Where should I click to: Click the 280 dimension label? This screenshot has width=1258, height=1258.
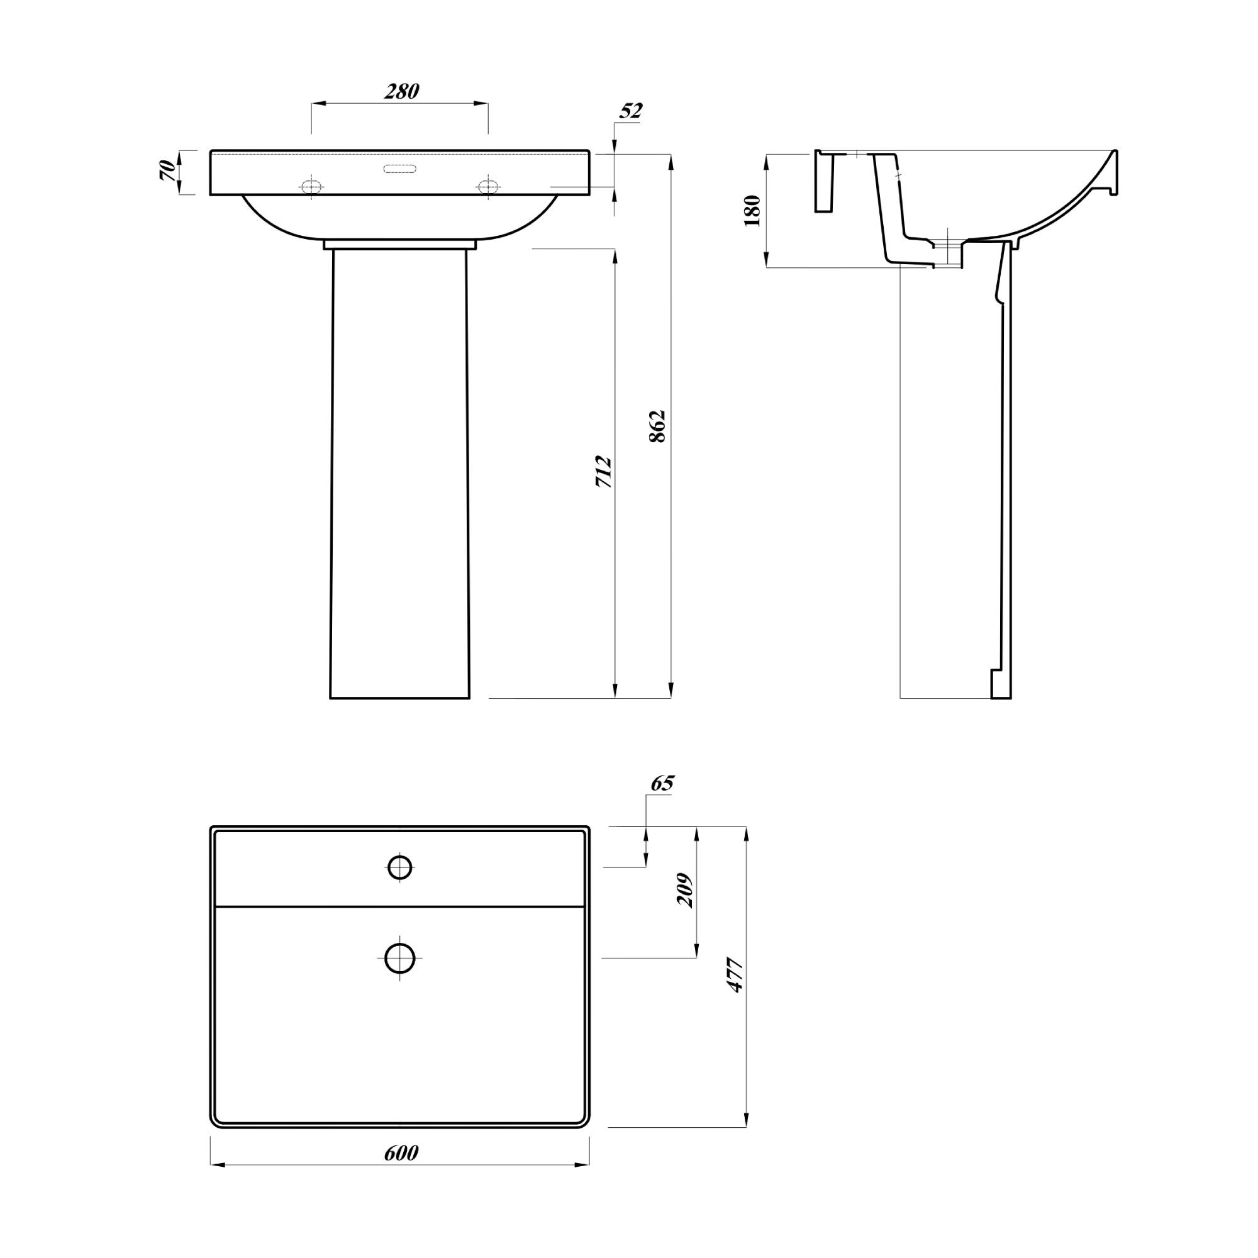click(x=401, y=91)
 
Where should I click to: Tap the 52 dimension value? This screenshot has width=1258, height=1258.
click(x=630, y=111)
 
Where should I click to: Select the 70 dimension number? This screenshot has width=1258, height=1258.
click(x=167, y=170)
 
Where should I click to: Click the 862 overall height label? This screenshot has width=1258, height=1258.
click(x=658, y=426)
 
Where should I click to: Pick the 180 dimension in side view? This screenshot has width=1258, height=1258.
click(x=752, y=210)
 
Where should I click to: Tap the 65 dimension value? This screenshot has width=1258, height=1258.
click(x=662, y=782)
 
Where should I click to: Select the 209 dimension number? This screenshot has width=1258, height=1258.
click(x=685, y=890)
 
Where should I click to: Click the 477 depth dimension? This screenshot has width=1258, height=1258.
click(x=735, y=975)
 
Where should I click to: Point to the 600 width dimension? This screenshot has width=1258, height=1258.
click(x=401, y=1153)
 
